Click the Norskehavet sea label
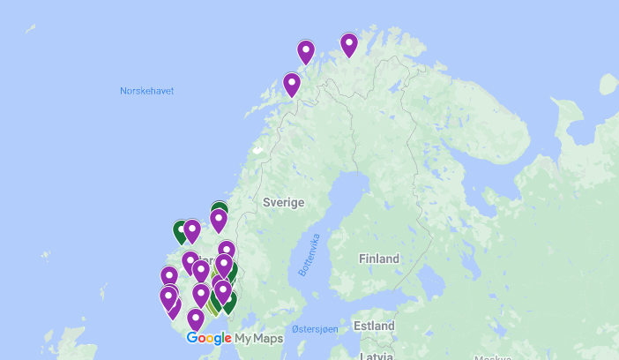pos(146,91)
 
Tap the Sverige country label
pos(283,202)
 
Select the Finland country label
pos(378,259)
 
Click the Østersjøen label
pos(315,328)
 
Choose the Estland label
pos(373,326)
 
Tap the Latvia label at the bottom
pos(377,356)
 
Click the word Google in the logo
pos(209,338)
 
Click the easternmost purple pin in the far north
pos(349,44)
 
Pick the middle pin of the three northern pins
pos(306,52)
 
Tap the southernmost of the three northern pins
pos(292,84)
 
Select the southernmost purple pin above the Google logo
pos(196,319)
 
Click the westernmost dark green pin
pos(181,231)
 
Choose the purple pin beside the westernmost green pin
pos(192,230)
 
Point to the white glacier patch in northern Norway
pos(257,149)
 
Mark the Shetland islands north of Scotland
pos(104,292)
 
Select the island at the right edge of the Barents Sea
pos(608,85)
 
